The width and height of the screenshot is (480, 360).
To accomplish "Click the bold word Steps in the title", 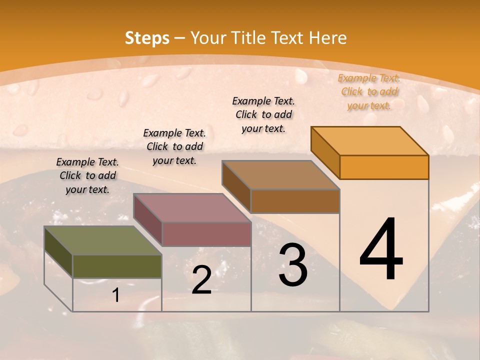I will (x=147, y=38).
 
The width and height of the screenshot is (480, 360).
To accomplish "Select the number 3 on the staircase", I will (x=293, y=265).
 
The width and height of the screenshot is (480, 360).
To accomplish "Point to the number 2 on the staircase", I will (x=201, y=280).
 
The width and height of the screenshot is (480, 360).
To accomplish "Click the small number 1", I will (x=116, y=295).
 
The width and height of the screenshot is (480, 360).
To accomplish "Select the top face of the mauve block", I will (x=192, y=208).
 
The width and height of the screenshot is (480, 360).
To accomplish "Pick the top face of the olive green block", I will (x=103, y=240).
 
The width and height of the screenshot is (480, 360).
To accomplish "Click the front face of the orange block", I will (x=384, y=167).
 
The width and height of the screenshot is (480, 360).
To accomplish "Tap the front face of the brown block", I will (x=295, y=201).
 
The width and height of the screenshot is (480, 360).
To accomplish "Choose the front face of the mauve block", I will (x=206, y=234).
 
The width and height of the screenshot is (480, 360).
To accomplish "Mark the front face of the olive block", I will (x=117, y=266).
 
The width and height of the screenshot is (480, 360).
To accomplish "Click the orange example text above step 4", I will (x=369, y=91).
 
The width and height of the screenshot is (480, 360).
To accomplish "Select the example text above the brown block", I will (x=263, y=114).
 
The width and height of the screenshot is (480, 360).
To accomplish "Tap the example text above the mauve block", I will (x=174, y=146).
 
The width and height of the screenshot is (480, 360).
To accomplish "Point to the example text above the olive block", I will (x=87, y=175).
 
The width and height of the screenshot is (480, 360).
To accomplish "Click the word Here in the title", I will (x=327, y=38).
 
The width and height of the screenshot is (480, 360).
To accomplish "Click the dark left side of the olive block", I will (x=58, y=252).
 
